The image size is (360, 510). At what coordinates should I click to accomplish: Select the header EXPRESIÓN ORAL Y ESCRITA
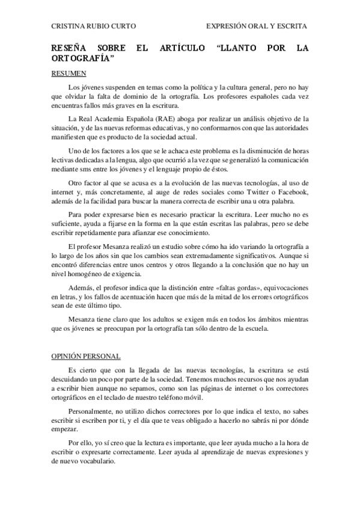[x=257, y=26]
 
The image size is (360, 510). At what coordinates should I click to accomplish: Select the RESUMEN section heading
[x=69, y=74]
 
